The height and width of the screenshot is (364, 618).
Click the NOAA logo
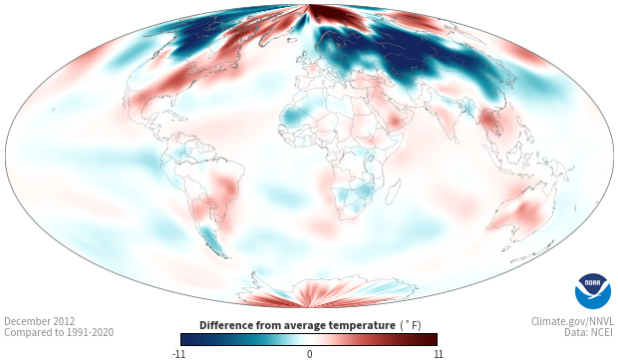coord(593,291)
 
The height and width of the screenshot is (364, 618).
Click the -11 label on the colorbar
coord(178,354)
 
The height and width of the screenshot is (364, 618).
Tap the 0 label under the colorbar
coord(309,354)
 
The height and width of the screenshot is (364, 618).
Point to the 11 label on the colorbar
coord(438,354)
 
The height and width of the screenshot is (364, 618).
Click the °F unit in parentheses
coord(411,326)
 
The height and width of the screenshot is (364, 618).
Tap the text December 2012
coord(40,321)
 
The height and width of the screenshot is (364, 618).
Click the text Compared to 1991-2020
coord(59,332)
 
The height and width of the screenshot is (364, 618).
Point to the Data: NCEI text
coord(589,332)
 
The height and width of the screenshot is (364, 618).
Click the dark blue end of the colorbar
coord(185,339)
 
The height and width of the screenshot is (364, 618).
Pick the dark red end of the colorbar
coord(432,339)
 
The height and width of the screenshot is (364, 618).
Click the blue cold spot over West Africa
coord(293,116)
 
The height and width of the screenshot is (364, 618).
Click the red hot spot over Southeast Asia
coord(489,122)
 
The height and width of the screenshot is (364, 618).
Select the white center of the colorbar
coord(309,339)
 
